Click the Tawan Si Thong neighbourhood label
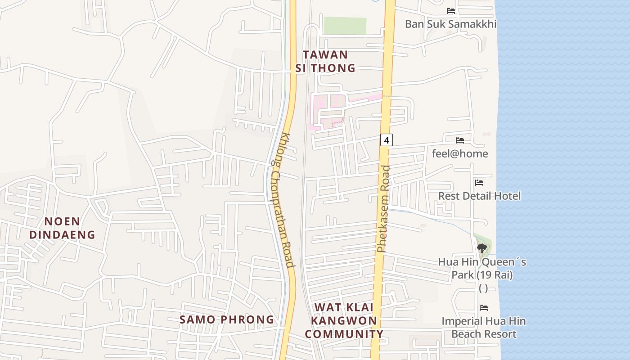325,61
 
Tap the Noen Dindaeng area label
63,228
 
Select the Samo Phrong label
227,319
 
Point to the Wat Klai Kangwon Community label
344,320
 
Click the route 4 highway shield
386,140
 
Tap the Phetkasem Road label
383,209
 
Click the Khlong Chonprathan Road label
283,200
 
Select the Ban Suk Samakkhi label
450,24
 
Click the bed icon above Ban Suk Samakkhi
451,11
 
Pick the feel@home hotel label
460,153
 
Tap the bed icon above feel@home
460,140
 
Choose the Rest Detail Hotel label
479,196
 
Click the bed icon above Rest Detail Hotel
479,183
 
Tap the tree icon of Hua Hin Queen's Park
482,247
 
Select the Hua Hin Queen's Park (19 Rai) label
482,268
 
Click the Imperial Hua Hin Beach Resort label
483,328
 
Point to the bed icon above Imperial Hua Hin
484,308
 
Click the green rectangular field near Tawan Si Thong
345,26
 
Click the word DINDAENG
63,234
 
